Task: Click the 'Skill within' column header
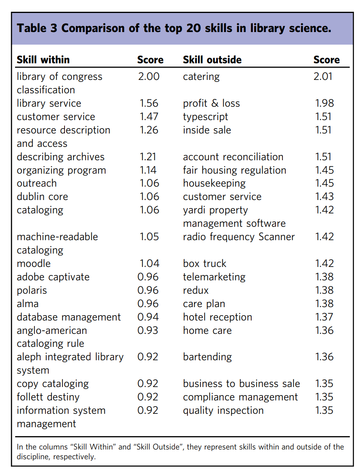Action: [x=43, y=60]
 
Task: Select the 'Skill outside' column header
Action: [x=212, y=60]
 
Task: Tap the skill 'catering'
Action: [x=201, y=77]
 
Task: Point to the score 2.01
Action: [x=323, y=77]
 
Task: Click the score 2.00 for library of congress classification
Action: [x=149, y=77]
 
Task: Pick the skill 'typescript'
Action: [x=205, y=117]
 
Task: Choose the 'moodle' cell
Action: [x=34, y=264]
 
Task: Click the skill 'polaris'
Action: [x=32, y=290]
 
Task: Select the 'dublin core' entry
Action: [x=42, y=197]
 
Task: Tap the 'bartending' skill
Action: [x=207, y=357]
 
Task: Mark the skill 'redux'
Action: [x=196, y=290]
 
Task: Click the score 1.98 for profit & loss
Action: [x=324, y=103]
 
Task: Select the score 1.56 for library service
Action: [x=149, y=103]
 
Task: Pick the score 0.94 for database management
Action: [x=148, y=317]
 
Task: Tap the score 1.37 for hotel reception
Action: [x=324, y=317]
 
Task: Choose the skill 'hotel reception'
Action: [x=218, y=317]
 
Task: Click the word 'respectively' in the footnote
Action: [x=71, y=457]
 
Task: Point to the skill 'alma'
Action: [x=28, y=304]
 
